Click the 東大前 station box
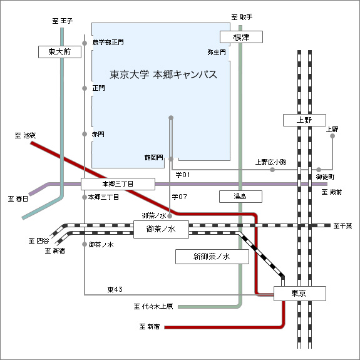[59, 52]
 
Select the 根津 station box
[241, 37]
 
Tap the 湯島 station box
[240, 197]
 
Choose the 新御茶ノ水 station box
[212, 257]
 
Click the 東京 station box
[300, 294]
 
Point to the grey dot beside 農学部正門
[85, 43]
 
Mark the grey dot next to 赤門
[85, 134]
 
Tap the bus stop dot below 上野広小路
[272, 170]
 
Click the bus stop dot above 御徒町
[319, 170]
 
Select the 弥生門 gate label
[217, 53]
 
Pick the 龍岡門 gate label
[154, 158]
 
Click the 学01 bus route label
[183, 175]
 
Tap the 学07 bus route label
[180, 197]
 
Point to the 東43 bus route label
[115, 289]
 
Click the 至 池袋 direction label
[25, 135]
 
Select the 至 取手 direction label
[242, 18]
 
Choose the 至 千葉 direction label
[342, 226]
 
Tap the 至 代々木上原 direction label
[153, 307]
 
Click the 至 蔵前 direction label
[332, 192]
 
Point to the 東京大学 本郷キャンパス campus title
[163, 75]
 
